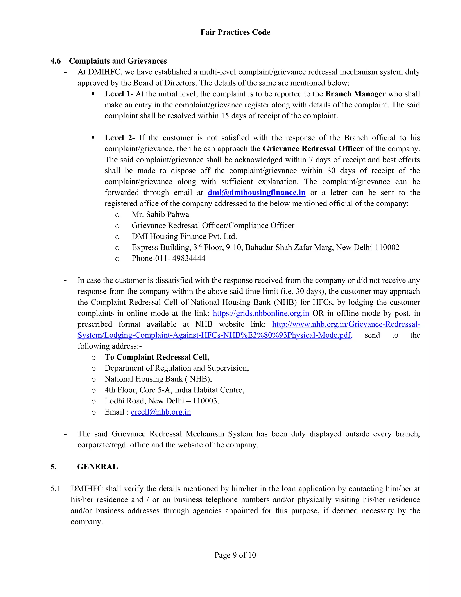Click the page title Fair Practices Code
coord(235,32)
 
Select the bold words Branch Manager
coord(355,94)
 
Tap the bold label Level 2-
coord(119,138)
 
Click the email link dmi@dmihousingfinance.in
coord(256,193)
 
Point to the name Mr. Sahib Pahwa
coord(160,214)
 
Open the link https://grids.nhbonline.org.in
coord(261,313)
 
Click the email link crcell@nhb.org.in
coord(161,412)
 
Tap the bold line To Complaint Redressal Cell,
coord(157,357)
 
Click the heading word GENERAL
coord(97,467)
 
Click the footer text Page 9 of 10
coord(235,555)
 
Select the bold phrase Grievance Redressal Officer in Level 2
coord(313,149)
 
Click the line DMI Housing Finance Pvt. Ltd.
coord(184,237)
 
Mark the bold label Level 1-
coord(119,94)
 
